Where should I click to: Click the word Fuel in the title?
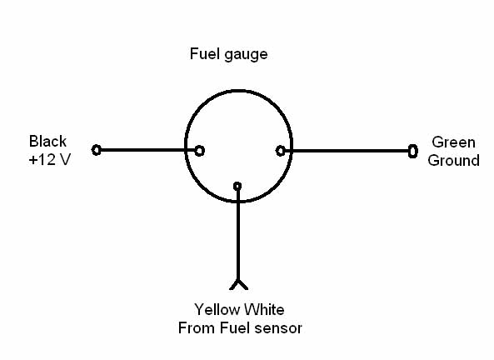coord(201,53)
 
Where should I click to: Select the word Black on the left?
coord(47,141)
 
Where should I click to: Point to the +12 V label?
coord(50,159)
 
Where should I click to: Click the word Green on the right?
coord(454,142)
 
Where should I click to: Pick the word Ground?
coord(454,161)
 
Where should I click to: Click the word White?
coord(264,309)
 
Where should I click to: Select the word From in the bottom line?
coord(197,327)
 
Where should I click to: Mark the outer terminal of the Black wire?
coord(97,150)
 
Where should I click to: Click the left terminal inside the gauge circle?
coord(199,151)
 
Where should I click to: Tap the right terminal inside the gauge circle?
coord(281,151)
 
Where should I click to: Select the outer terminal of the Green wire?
coord(413,151)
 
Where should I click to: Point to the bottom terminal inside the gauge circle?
coord(237,187)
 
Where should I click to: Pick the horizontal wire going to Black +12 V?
coord(147,150)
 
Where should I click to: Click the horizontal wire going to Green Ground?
coord(347,151)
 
